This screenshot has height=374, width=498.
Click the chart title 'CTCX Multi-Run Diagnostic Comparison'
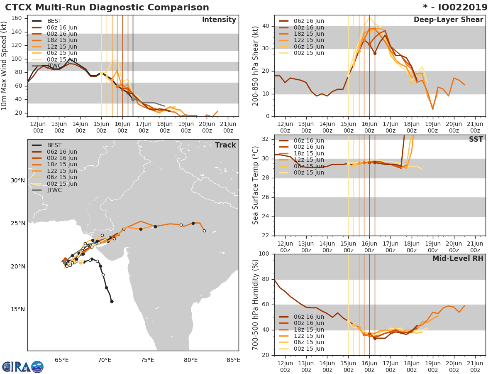tap(107, 7)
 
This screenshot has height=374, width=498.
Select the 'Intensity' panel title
tap(219, 20)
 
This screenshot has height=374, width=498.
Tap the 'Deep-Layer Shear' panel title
tap(448, 20)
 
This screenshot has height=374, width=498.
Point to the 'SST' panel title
tap(476, 139)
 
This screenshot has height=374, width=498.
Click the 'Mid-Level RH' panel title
tap(458, 258)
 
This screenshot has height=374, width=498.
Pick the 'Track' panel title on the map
tap(225, 145)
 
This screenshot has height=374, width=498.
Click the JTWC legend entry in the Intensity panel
tap(54, 66)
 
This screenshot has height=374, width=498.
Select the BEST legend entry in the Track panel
tap(54, 145)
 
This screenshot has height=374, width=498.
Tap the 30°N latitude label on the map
tap(18, 180)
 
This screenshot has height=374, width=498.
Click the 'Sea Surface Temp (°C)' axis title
tap(256, 185)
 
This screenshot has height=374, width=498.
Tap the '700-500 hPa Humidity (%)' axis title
tap(256, 304)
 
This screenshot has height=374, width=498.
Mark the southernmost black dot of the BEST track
tap(112, 301)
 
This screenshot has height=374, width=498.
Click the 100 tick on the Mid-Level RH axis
tap(264, 254)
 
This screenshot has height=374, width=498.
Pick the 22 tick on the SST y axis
tap(266, 236)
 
